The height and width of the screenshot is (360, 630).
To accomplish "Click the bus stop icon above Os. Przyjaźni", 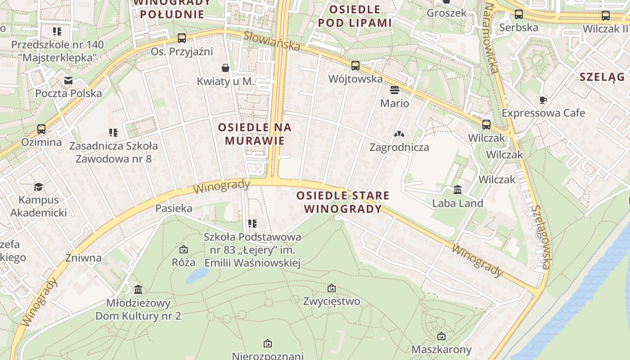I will point(182,38).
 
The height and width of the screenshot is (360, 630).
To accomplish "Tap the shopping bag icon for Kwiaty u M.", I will point(225,68).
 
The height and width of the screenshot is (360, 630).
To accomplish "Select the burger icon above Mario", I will point(395,90).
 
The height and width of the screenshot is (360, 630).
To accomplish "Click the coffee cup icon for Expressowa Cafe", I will point(543,99).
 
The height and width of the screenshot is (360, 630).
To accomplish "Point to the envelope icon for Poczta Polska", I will point(68,81).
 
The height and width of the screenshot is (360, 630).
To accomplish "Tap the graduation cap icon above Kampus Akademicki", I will point(38,187).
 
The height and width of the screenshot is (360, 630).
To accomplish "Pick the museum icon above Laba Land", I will point(458,189).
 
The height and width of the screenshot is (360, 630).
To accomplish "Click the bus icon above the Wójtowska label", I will point(355,66).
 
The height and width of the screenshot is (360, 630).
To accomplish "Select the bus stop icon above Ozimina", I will point(41,129).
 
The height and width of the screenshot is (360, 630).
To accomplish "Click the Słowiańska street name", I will point(271,41).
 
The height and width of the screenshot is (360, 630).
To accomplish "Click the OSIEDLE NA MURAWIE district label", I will point(255,134).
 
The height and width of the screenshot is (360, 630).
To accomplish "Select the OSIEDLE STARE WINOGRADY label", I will point(343,202).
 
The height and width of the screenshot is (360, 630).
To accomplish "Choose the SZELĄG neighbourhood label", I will point(602,76).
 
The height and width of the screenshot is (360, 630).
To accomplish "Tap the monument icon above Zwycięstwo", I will point(332,288).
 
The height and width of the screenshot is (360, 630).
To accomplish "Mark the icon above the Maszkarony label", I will point(441,336).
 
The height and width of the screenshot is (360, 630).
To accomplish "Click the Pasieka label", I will point(174,208).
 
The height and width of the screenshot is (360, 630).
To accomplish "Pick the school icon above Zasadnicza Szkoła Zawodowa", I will point(113,133).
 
